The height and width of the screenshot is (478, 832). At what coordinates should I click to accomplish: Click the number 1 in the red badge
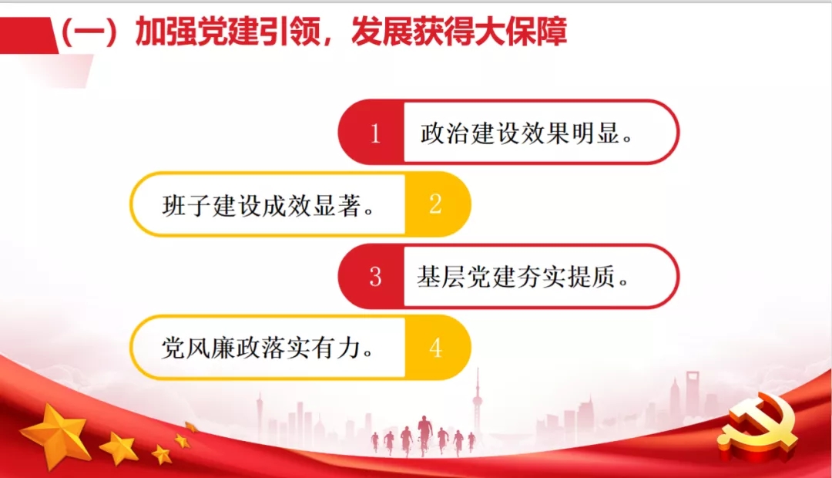[375, 133]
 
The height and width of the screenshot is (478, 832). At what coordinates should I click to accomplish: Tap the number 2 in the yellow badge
[436, 204]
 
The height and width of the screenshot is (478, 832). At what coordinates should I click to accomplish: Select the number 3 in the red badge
[375, 277]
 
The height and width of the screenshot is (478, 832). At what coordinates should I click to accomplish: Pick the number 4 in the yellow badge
[436, 348]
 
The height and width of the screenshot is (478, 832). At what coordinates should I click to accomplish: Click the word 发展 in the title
[377, 33]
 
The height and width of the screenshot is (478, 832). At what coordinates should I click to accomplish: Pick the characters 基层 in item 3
[439, 277]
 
